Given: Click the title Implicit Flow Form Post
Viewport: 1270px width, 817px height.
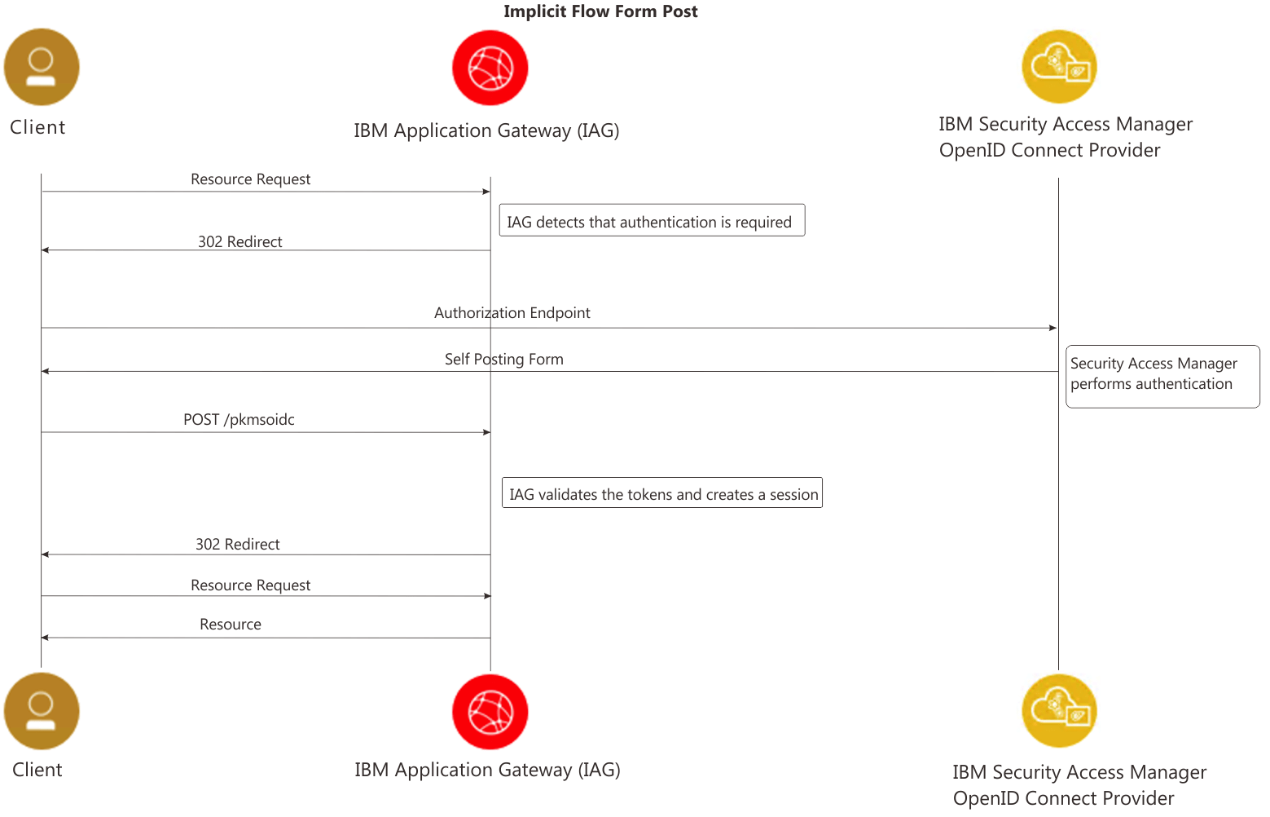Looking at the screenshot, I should coord(600,11).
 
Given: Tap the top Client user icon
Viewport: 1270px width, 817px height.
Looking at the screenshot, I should coord(42,67).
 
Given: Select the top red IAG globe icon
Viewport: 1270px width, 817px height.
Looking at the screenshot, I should coord(490,68).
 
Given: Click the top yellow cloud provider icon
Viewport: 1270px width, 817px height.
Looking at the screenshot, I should coord(1059,67).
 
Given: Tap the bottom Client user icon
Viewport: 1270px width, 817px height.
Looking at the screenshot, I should coord(42,710).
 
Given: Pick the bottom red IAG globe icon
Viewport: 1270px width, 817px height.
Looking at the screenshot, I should coord(490,711).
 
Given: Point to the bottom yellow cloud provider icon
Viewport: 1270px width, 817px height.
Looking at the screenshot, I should coord(1059,710).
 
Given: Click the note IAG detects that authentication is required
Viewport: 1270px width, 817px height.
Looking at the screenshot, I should coord(651,221).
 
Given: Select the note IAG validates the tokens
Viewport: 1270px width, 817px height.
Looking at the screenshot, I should coord(661,493).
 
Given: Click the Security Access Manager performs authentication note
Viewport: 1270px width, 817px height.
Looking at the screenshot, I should coord(1162,376).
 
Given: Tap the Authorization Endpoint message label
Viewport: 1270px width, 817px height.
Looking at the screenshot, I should coord(512,313).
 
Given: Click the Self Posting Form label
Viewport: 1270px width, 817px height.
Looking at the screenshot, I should coord(503,360).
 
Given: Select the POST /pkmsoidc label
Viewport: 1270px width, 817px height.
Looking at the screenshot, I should coord(239,420).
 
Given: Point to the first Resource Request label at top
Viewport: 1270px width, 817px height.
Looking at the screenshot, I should coord(250,179).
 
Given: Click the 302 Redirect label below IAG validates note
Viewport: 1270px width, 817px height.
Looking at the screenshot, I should coord(237,545).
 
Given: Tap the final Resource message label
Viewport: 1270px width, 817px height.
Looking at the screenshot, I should coord(231,625).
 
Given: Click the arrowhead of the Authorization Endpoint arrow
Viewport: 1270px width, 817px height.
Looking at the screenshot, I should coord(1053,328).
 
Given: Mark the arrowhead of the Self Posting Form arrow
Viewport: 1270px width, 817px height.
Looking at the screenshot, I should coord(46,371).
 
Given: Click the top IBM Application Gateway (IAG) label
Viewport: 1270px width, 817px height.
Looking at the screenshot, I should coord(486,130).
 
